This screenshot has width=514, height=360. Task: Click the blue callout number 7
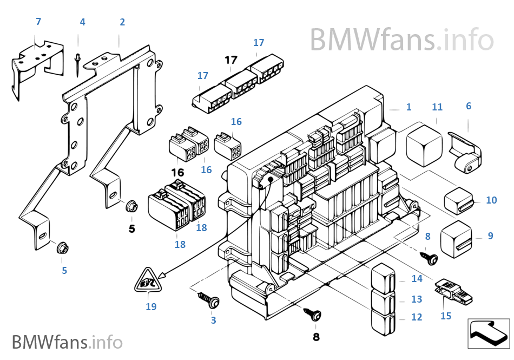38,22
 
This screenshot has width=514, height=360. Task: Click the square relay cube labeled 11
424,143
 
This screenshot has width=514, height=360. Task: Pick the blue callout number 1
408,107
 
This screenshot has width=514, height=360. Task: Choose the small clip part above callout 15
453,292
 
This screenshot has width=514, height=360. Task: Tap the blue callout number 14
416,279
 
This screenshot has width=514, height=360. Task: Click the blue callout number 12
416,317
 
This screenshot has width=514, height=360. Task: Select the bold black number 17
231,61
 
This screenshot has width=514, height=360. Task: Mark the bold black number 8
316,337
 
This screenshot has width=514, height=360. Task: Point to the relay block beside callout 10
459,200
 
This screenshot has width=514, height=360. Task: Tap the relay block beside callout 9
456,237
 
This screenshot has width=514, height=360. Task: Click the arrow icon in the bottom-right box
488,332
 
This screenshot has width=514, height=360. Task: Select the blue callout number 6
469,106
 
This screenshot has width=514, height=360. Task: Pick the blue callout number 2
122,22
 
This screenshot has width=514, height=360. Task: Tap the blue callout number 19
151,307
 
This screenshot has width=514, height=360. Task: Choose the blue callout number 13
416,299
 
